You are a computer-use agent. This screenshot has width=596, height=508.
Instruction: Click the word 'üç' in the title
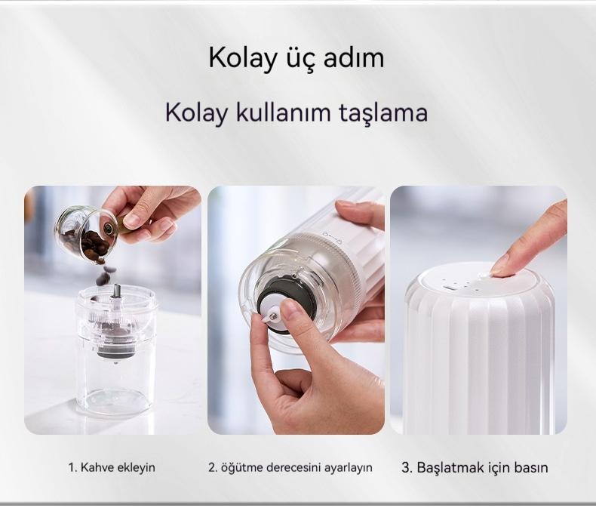pyautogui.click(x=301, y=58)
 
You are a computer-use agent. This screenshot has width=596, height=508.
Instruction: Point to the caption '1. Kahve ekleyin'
pyautogui.click(x=112, y=467)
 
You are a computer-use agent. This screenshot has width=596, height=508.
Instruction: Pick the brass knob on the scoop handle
pyautogui.click(x=109, y=229)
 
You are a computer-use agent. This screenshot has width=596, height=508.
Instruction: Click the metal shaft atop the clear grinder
pyautogui.click(x=116, y=292)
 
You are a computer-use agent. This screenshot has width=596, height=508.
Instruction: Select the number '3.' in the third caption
pyautogui.click(x=407, y=467)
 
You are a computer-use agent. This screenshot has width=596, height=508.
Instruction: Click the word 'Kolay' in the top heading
pyautogui.click(x=243, y=58)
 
